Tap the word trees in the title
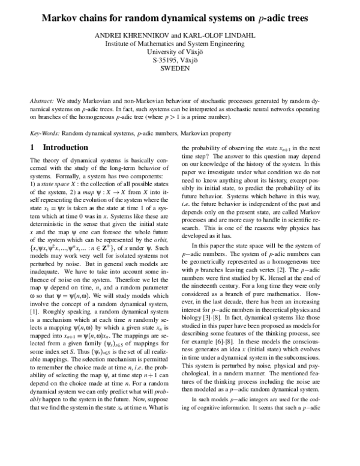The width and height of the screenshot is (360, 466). [293, 19]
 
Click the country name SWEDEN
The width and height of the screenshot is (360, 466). [179, 68]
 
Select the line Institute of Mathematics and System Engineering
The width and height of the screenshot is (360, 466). [179, 43]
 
